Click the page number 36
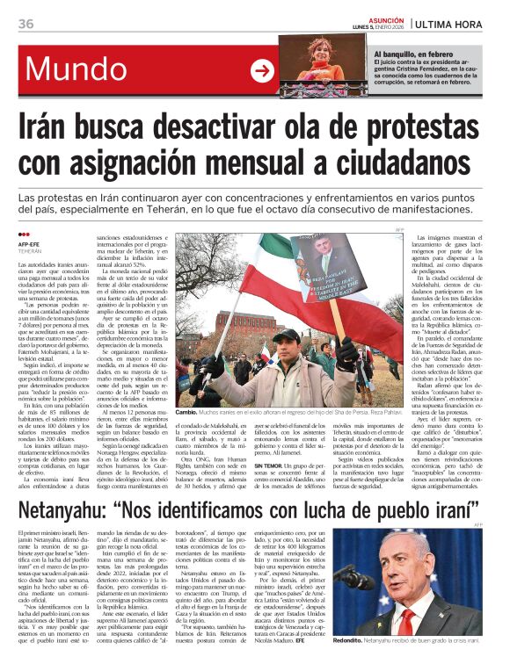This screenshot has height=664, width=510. [25, 23]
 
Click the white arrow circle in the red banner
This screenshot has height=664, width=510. [262, 70]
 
